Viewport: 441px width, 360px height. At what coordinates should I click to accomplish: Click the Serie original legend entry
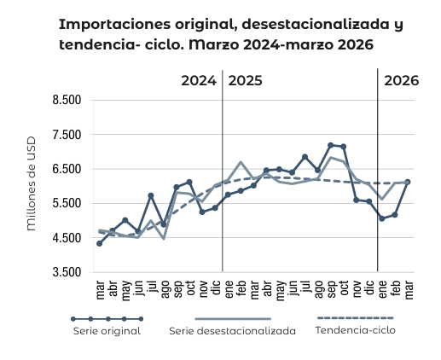(x=106, y=330)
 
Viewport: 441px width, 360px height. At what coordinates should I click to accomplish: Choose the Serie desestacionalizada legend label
(x=232, y=330)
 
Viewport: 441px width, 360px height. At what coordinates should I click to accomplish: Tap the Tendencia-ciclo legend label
(x=356, y=329)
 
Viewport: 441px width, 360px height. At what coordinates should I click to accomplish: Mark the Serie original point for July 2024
(x=151, y=195)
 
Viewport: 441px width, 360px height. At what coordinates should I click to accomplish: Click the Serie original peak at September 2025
(x=331, y=145)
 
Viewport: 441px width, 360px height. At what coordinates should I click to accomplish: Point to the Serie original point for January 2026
(x=382, y=218)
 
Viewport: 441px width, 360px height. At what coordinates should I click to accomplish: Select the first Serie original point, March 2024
(x=100, y=243)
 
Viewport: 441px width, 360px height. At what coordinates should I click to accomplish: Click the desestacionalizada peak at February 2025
(x=241, y=162)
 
